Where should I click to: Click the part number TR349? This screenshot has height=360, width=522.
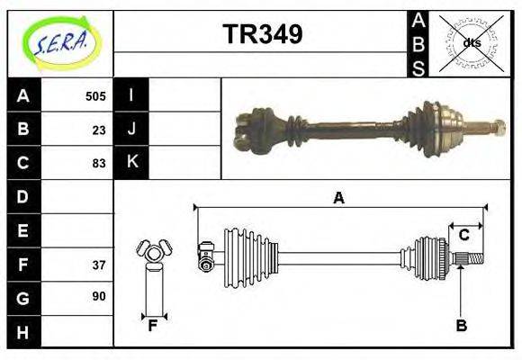pyautogui.click(x=262, y=34)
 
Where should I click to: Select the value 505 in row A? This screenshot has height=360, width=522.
pyautogui.click(x=95, y=96)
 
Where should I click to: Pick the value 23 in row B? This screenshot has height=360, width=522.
pyautogui.click(x=99, y=130)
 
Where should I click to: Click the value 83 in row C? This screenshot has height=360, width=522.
pyautogui.click(x=99, y=163)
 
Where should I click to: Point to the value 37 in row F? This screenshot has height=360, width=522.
pyautogui.click(x=99, y=265)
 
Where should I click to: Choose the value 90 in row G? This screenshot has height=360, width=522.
pyautogui.click(x=99, y=296)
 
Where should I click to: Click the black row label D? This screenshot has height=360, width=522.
pyautogui.click(x=23, y=196)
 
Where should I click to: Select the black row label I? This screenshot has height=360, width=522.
pyautogui.click(x=131, y=95)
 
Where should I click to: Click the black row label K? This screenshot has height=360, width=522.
pyautogui.click(x=131, y=163)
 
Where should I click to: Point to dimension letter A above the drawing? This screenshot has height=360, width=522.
pyautogui.click(x=338, y=198)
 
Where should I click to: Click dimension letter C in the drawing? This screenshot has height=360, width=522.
pyautogui.click(x=464, y=235)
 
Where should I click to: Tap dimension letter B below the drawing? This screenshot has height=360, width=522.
pyautogui.click(x=461, y=326)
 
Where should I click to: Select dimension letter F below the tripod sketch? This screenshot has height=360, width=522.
pyautogui.click(x=153, y=326)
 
